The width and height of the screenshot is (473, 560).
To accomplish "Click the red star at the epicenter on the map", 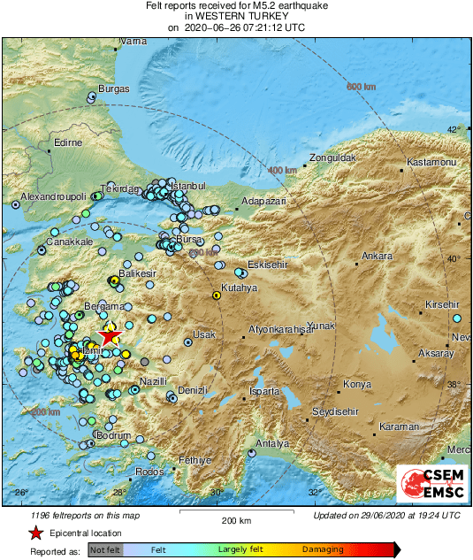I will coord(108,335).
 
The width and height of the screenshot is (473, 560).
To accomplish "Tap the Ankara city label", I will coord(378,257).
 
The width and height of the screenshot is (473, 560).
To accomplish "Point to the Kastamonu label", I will coord(431,164).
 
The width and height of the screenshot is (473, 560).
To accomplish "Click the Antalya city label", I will coord(271,442).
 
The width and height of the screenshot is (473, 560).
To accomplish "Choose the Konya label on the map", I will coord(357,385).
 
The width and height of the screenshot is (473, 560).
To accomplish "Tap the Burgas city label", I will coord(114,88).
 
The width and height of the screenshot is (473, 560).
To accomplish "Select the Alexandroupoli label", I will coord(54,196).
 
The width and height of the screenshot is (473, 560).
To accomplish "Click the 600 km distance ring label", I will coord(361,86).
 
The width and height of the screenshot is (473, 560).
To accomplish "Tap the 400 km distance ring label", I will coord(282,170).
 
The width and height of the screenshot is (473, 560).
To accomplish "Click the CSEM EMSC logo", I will coord(426,483).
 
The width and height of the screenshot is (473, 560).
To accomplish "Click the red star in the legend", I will coord(34,533).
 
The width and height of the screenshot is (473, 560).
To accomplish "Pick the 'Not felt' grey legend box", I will coord(105,550).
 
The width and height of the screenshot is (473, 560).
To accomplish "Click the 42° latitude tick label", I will coord(454,130).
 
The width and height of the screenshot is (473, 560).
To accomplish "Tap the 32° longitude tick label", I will coord(313,493).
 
